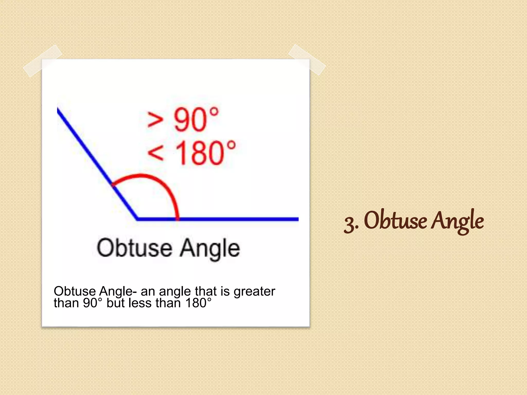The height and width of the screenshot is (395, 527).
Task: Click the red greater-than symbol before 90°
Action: pos(155,120)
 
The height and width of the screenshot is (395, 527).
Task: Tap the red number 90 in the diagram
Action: pos(190,120)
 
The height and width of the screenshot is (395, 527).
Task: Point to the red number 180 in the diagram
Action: pos(199,153)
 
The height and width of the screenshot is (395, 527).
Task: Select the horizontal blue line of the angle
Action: pos(232,219)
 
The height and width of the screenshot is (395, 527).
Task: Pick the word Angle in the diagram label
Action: pos(210,248)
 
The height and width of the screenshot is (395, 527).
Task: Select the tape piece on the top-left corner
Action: pos(42,61)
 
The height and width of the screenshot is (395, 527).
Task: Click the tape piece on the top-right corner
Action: pos(307,60)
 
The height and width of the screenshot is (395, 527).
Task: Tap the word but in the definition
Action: pos(116,303)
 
